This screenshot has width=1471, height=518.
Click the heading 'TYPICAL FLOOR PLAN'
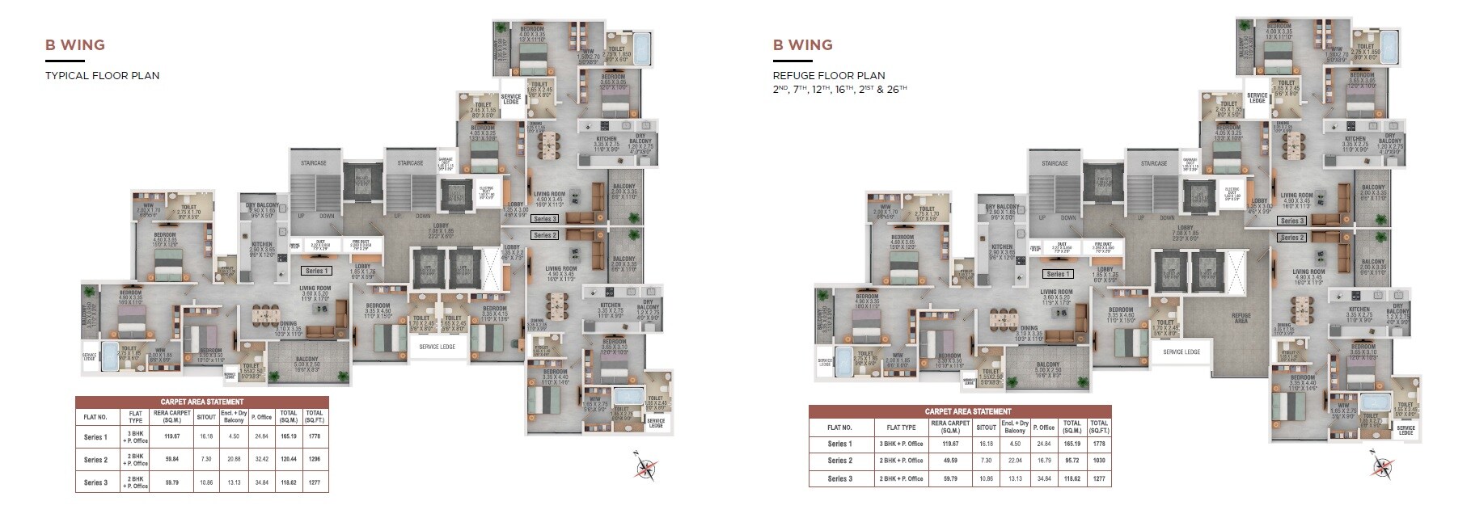click(x=102, y=76)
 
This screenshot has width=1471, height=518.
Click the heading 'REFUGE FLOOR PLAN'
click(x=829, y=76)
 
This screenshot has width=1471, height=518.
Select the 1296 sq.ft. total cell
click(x=314, y=459)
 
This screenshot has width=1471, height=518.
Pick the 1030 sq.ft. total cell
click(x=1098, y=460)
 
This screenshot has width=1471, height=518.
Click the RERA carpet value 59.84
click(x=171, y=459)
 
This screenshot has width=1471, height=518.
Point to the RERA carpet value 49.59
click(x=949, y=460)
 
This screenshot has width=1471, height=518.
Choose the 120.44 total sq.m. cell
click(x=288, y=459)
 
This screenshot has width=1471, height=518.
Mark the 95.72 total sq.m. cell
click(x=1072, y=460)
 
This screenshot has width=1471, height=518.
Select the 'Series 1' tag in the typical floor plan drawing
click(x=315, y=271)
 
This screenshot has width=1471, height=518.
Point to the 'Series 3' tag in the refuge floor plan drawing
click(x=1292, y=221)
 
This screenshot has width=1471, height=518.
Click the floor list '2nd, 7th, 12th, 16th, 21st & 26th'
click(x=839, y=89)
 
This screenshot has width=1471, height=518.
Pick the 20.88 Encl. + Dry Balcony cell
click(x=234, y=459)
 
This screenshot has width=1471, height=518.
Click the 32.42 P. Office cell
click(x=261, y=459)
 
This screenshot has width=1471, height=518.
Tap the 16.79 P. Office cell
click(x=1045, y=460)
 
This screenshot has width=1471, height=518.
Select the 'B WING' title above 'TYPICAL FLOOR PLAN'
click(x=75, y=45)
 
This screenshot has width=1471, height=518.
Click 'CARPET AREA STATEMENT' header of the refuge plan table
click(x=960, y=411)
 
